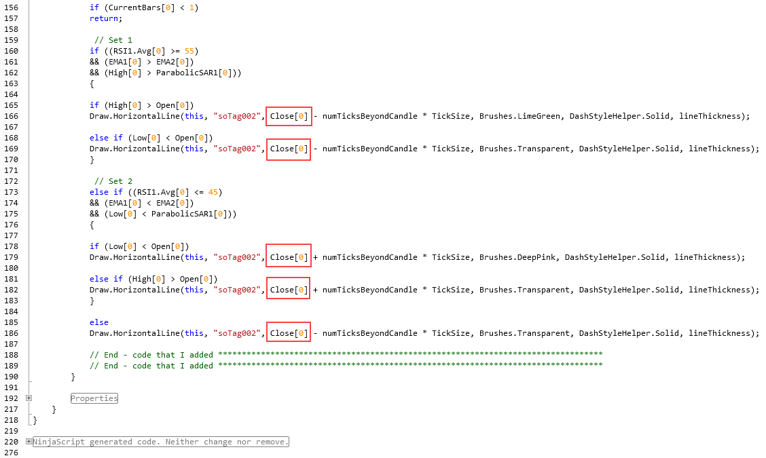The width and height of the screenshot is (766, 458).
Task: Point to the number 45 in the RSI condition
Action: pyautogui.click(x=213, y=192)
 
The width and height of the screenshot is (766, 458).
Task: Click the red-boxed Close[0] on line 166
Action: pyautogui.click(x=289, y=116)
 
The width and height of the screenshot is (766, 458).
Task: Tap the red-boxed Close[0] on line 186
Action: pyautogui.click(x=289, y=333)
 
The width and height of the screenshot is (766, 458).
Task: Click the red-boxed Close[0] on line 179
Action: pyautogui.click(x=289, y=257)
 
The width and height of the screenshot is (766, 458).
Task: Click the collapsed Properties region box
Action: pyautogui.click(x=94, y=398)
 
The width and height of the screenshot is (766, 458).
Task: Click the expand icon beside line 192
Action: pyautogui.click(x=29, y=398)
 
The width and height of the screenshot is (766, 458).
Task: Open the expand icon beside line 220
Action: pyautogui.click(x=29, y=442)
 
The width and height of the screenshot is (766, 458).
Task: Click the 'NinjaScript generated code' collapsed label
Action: pyautogui.click(x=161, y=442)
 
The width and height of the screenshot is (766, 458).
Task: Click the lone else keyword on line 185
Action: pyautogui.click(x=99, y=322)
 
